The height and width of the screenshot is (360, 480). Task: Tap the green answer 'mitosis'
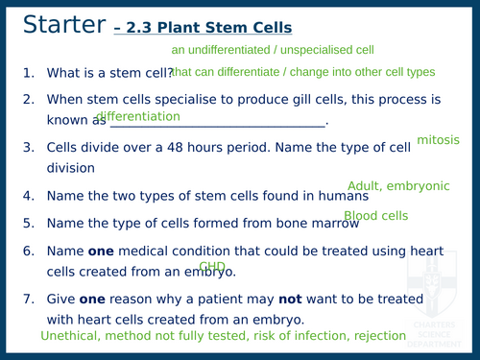coord(438,140)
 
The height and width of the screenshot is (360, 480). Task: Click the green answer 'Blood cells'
coord(376,216)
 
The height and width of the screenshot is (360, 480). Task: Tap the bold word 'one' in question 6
coord(101,250)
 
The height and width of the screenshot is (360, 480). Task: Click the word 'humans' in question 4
coord(339,196)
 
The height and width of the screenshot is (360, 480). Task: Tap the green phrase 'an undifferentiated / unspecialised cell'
coord(272,49)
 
